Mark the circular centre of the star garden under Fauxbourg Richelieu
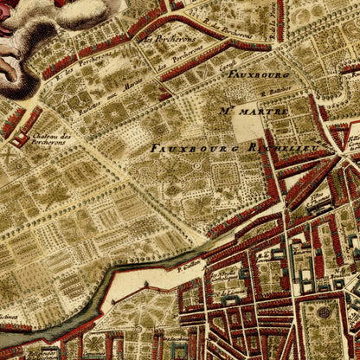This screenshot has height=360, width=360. coord(196,165)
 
